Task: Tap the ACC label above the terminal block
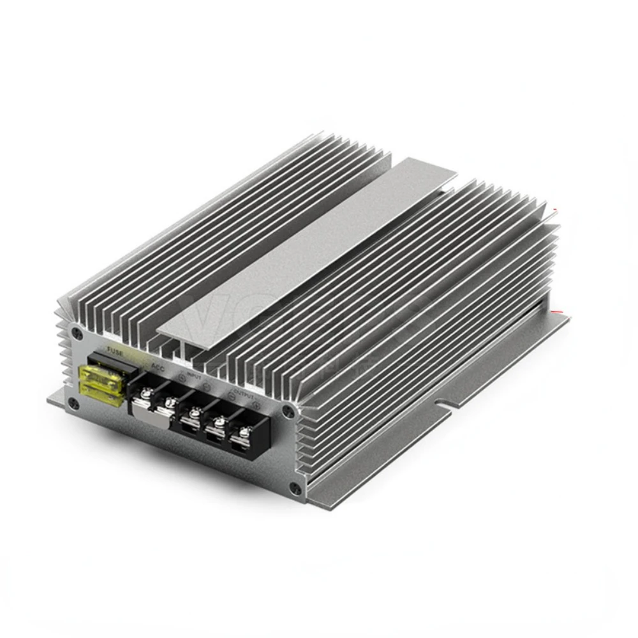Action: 158,366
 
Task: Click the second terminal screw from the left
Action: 170,405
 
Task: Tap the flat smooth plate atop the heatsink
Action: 306,249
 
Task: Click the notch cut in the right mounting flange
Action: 440,403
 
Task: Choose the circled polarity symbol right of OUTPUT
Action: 256,404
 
